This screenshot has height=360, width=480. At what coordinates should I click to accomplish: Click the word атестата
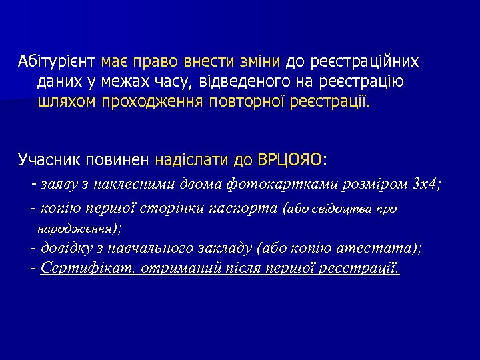click(x=385, y=249)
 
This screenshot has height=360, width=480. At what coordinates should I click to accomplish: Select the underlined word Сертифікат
click(x=83, y=268)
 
